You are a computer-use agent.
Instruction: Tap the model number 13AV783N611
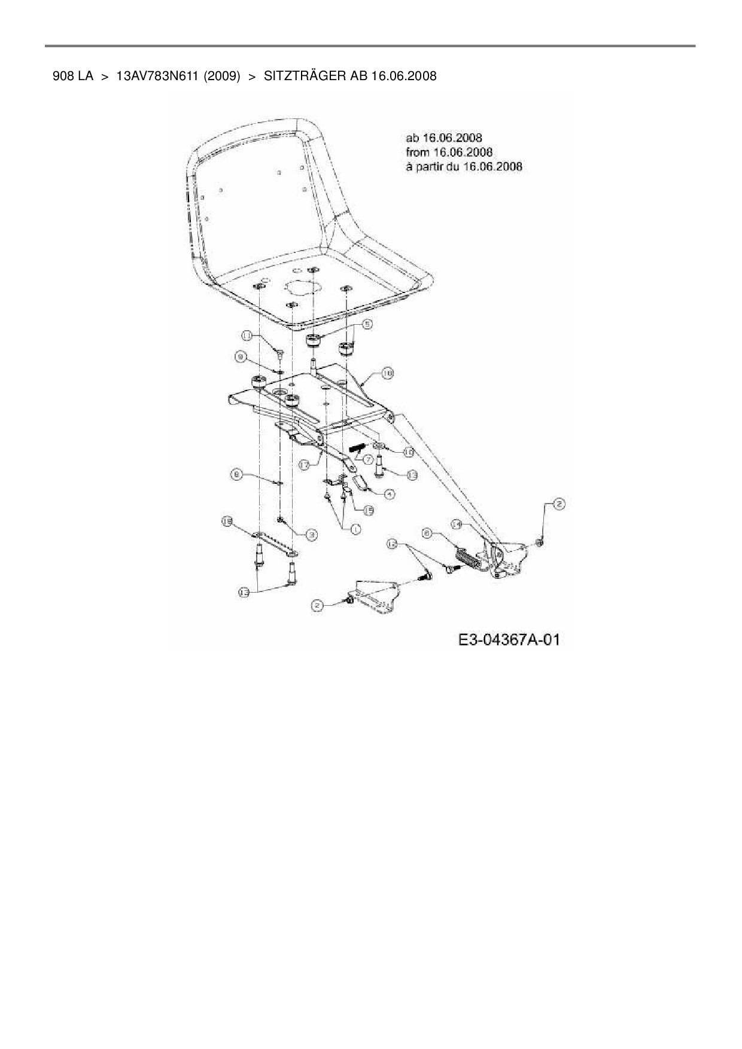click(157, 76)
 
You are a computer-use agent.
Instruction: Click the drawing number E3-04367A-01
click(509, 640)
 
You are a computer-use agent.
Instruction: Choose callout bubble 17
click(304, 463)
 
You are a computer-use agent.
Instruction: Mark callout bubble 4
click(389, 494)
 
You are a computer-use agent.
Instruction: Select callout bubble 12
click(392, 543)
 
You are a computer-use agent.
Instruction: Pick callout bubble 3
click(311, 535)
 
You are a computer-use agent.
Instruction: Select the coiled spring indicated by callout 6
click(468, 559)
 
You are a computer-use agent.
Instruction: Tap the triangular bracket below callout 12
click(375, 596)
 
